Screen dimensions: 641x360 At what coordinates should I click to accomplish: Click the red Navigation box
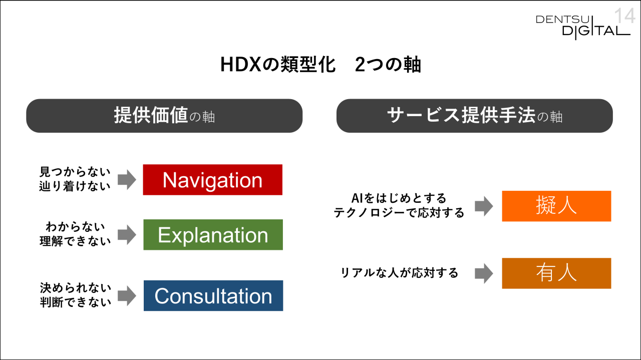[x=213, y=180]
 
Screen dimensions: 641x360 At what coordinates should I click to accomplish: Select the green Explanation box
[x=213, y=235]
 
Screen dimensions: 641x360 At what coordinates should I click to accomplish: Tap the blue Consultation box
[x=213, y=295]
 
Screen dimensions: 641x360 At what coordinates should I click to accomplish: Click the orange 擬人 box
[x=556, y=206]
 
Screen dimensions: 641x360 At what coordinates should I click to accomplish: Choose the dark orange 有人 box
[x=556, y=273]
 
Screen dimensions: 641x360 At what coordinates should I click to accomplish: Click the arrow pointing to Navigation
[x=127, y=180]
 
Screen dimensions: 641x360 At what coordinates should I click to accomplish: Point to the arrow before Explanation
[x=127, y=235]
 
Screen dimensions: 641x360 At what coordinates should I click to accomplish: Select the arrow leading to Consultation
[x=127, y=295]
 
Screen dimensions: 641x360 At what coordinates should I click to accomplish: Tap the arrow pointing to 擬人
[x=484, y=206]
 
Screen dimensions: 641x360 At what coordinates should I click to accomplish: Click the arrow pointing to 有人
[x=484, y=273]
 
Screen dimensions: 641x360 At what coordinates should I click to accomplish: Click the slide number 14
[x=624, y=16]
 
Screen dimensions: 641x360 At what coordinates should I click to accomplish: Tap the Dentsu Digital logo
[x=583, y=28]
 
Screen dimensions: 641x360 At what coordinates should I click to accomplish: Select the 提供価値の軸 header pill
[x=164, y=116]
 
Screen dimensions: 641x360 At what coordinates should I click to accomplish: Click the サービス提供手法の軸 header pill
[x=475, y=116]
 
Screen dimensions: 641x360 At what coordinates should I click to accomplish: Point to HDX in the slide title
[x=241, y=65]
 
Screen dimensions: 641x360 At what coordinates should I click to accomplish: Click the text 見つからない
[x=75, y=172]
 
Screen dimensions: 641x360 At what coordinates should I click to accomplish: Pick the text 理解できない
[x=75, y=241]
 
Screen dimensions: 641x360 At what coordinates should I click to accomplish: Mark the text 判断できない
[x=76, y=302]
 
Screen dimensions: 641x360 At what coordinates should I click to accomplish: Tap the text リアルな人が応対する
[x=399, y=272]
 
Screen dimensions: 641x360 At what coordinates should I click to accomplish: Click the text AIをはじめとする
[x=399, y=198]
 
